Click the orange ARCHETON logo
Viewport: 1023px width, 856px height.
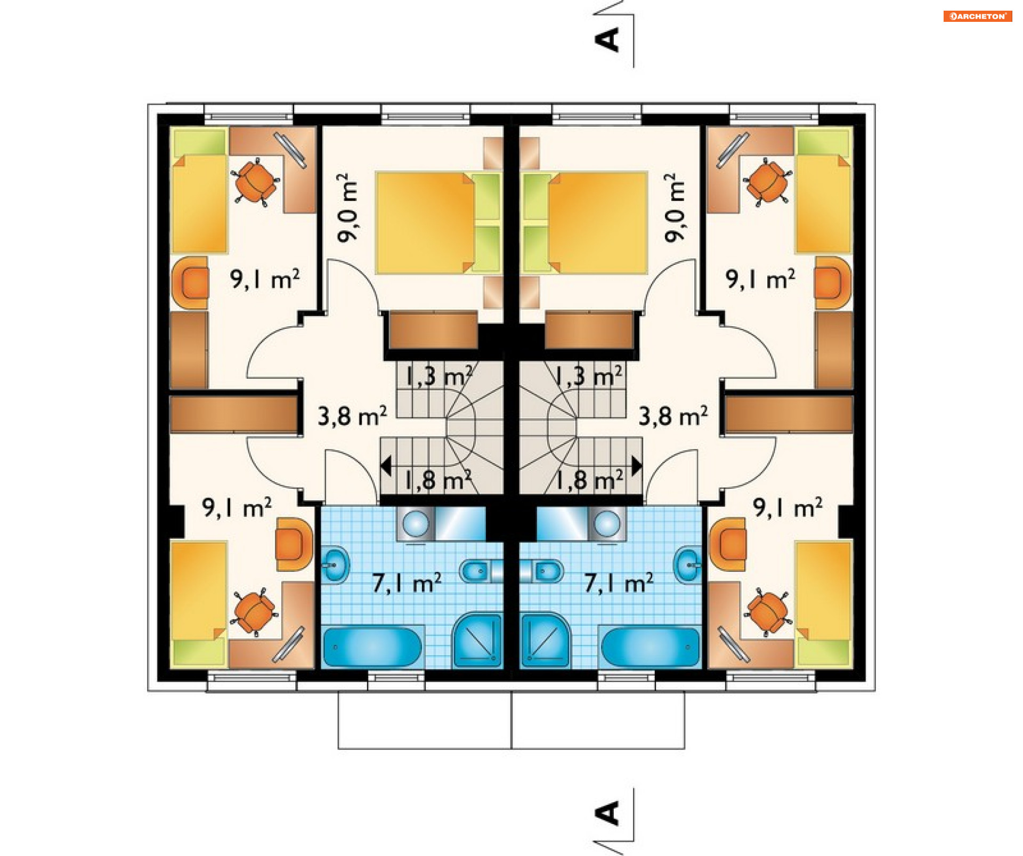pyautogui.click(x=977, y=16)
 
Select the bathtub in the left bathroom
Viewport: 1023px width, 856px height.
pyautogui.click(x=372, y=647)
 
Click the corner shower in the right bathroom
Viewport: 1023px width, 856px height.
pyautogui.click(x=545, y=640)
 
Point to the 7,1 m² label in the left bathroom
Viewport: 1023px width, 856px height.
pyautogui.click(x=407, y=583)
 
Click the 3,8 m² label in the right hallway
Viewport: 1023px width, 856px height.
pyautogui.click(x=673, y=416)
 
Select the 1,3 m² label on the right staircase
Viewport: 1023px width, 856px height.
pyautogui.click(x=588, y=376)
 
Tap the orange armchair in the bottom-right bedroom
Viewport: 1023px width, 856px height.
pyautogui.click(x=728, y=544)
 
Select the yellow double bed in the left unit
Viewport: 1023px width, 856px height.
pyautogui.click(x=425, y=222)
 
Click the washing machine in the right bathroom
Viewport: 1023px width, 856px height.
pyautogui.click(x=607, y=523)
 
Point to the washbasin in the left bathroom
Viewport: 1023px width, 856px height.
pyautogui.click(x=335, y=564)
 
